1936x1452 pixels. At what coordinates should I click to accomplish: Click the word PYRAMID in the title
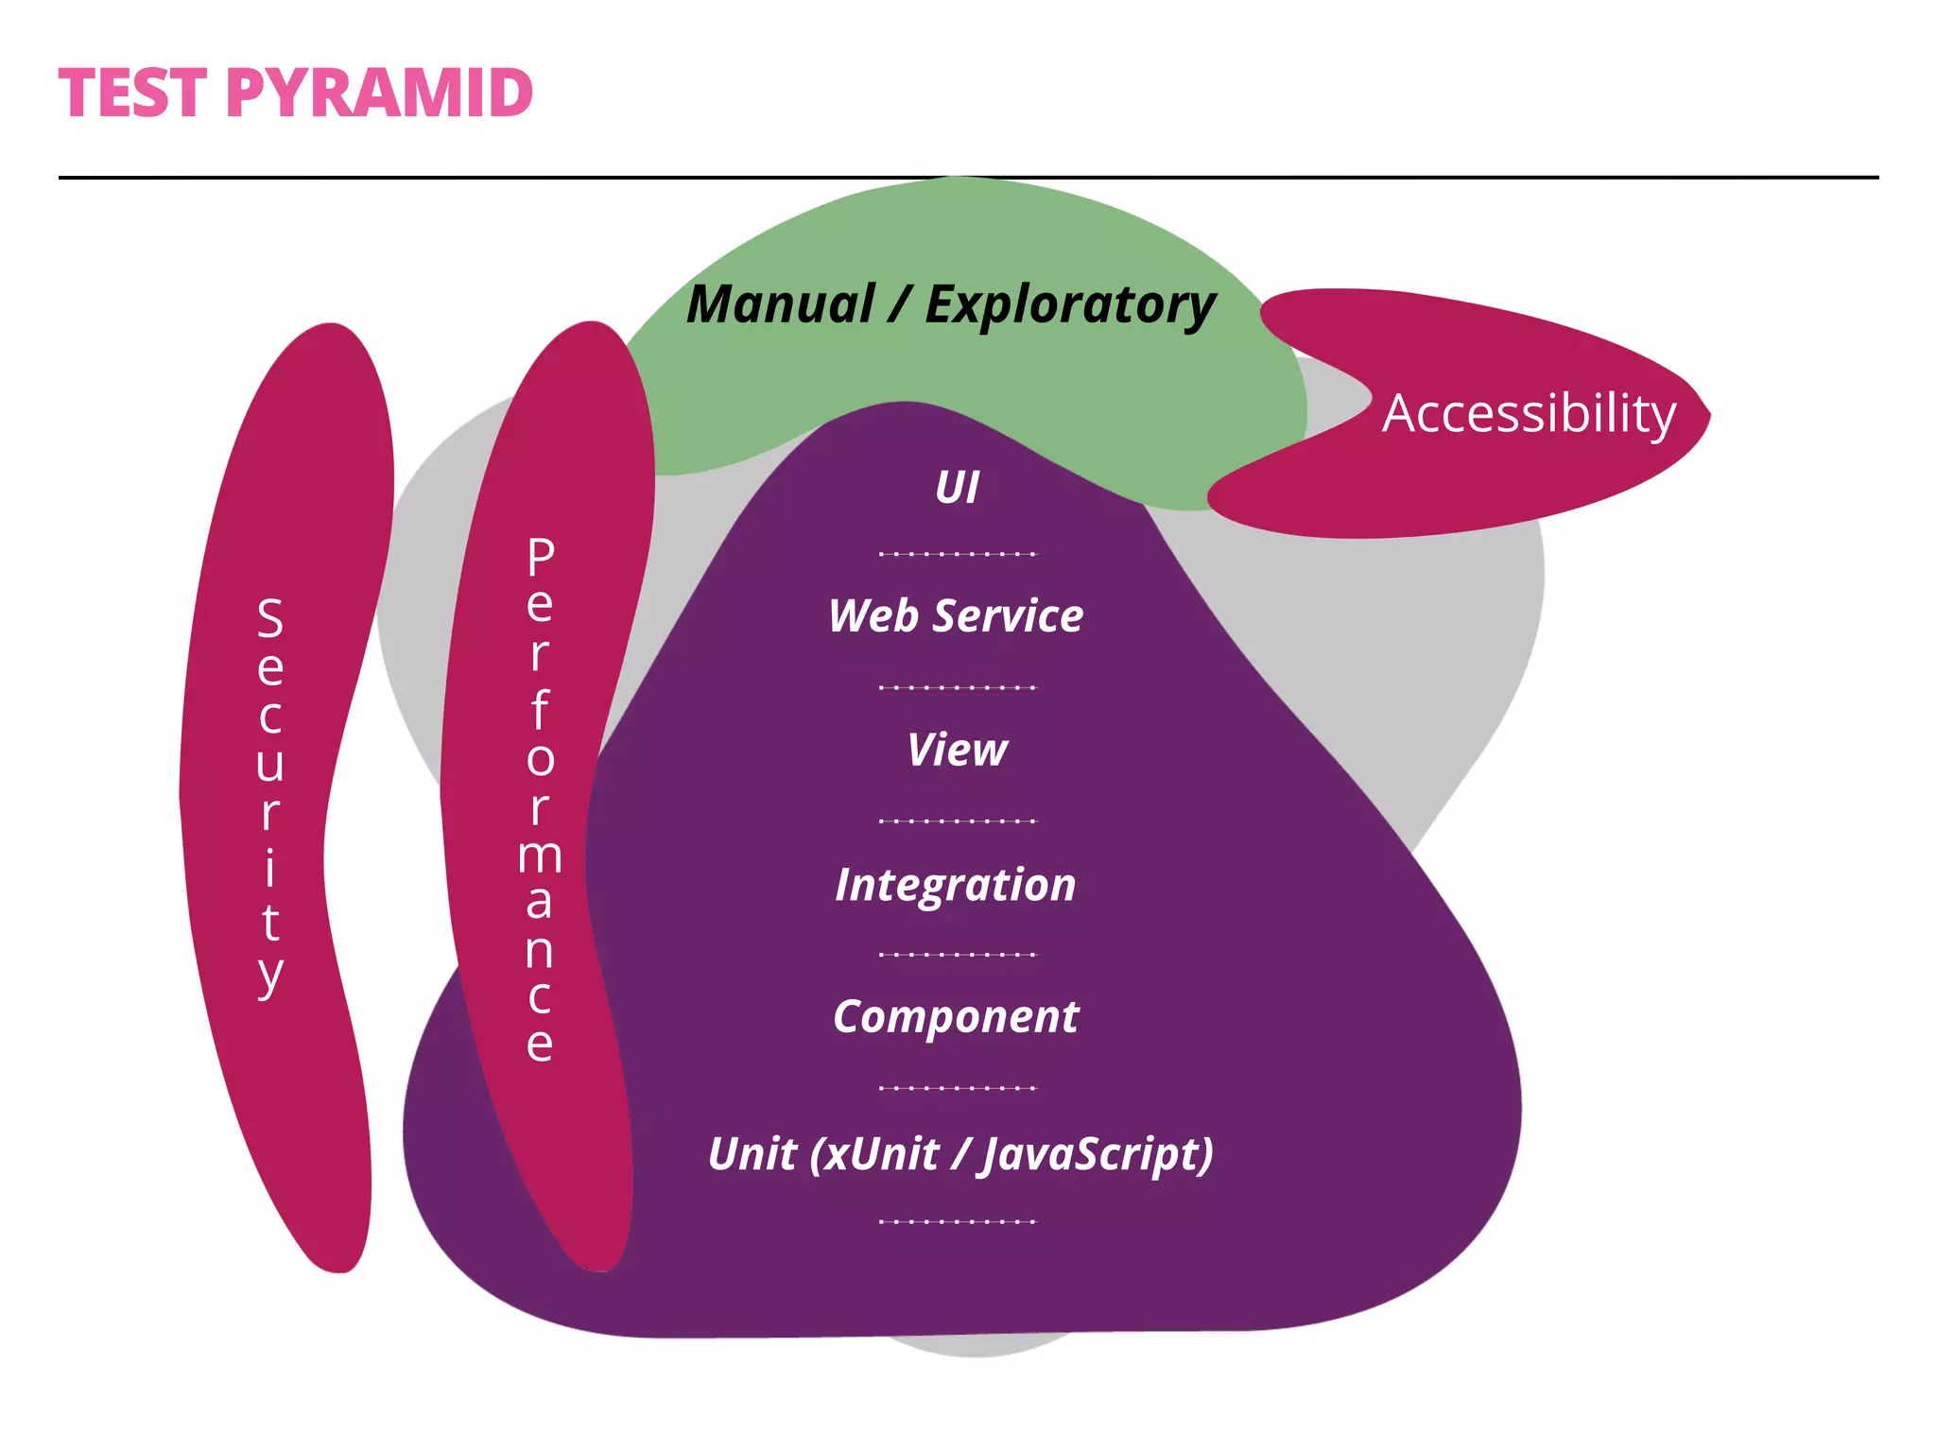tap(379, 94)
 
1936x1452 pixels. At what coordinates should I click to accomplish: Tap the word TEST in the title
tap(132, 94)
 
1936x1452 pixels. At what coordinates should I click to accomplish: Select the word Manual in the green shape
tap(781, 304)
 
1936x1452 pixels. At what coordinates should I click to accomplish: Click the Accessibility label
tap(1529, 414)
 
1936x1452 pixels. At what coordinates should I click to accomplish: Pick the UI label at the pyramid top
tap(957, 488)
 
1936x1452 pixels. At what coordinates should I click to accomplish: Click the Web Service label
tap(956, 616)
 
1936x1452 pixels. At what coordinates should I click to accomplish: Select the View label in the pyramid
tap(957, 751)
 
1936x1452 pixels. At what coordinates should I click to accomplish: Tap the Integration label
tap(956, 885)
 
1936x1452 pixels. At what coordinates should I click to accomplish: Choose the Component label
tap(956, 1017)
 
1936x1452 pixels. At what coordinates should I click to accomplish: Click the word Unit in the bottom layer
tap(752, 1154)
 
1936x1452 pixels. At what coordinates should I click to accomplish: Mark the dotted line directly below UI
tap(958, 554)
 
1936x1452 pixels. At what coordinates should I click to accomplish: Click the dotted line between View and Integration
tap(958, 821)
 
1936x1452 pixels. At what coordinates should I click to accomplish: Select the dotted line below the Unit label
tap(958, 1221)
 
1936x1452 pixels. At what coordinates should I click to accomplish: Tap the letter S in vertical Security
tap(270, 618)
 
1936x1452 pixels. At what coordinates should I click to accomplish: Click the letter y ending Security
tap(270, 974)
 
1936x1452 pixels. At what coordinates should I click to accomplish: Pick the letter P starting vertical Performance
tap(541, 557)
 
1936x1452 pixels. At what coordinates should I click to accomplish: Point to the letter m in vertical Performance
tap(540, 856)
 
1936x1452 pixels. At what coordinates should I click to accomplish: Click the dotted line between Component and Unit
tap(958, 1088)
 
